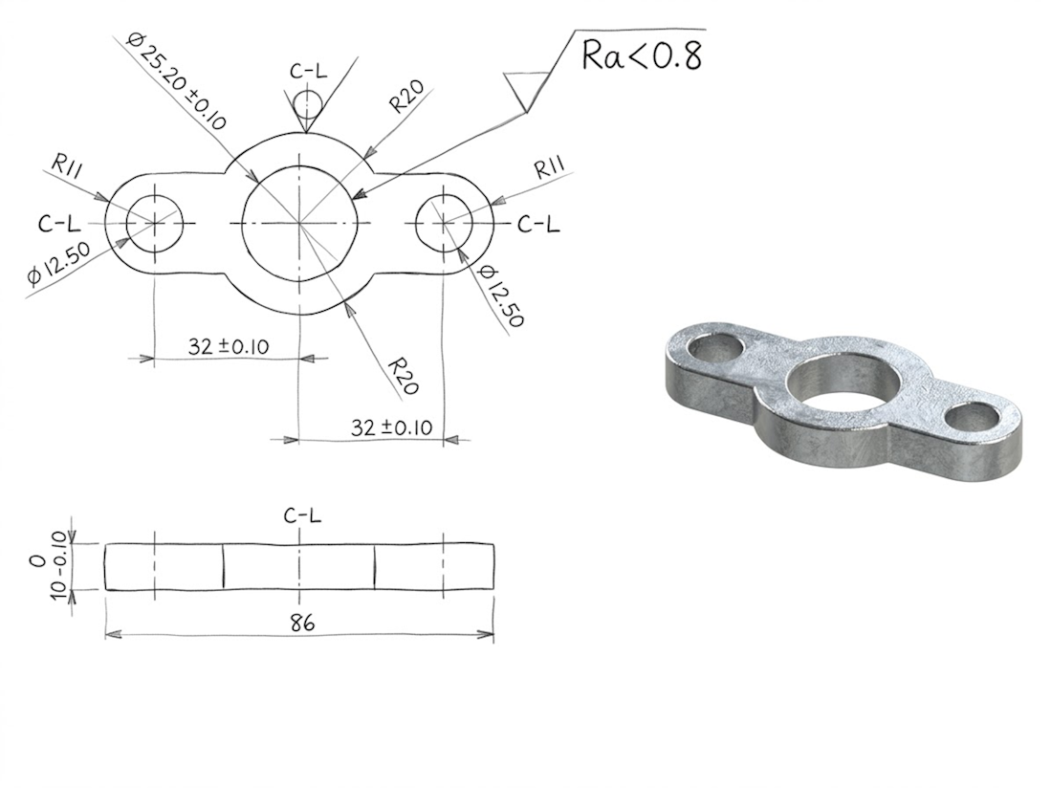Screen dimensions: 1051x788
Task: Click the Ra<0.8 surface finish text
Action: click(642, 55)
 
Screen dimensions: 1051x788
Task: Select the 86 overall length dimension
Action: click(302, 623)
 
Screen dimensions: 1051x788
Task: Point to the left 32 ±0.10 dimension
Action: click(228, 346)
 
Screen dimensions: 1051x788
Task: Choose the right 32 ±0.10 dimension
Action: click(391, 427)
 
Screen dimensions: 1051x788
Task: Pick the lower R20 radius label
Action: click(404, 376)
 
